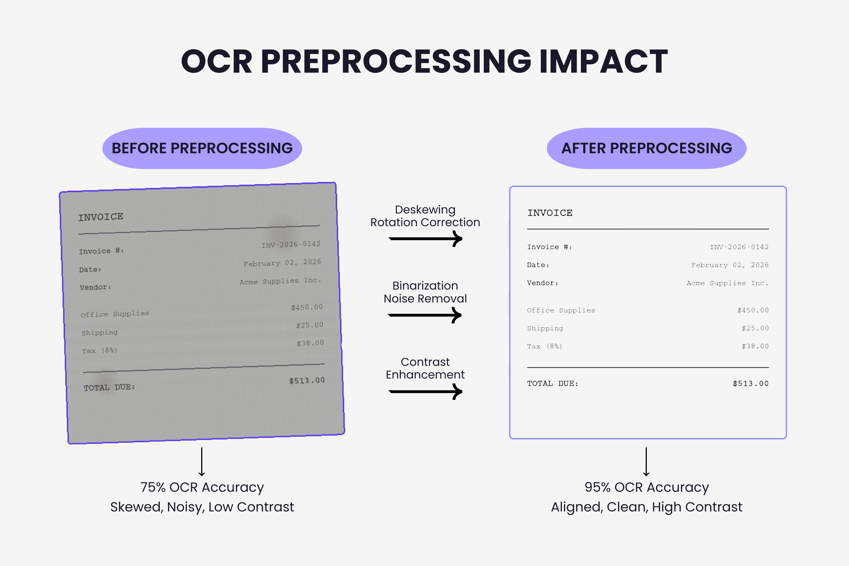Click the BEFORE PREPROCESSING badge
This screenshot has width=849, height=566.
pyautogui.click(x=202, y=148)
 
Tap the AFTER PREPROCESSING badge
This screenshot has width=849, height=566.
pyautogui.click(x=647, y=148)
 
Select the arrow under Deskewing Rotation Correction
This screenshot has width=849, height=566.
pyautogui.click(x=425, y=239)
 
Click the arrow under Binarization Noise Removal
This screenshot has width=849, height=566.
pyautogui.click(x=424, y=315)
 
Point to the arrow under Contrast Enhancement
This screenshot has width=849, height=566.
pyautogui.click(x=425, y=392)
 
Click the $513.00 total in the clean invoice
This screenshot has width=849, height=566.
pyautogui.click(x=751, y=383)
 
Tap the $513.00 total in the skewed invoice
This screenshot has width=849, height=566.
pyautogui.click(x=307, y=380)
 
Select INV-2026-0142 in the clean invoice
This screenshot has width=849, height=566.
pyautogui.click(x=739, y=247)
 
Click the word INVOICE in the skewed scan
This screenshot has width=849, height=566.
pyautogui.click(x=101, y=217)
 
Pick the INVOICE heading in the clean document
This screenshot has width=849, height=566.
pyautogui.click(x=550, y=213)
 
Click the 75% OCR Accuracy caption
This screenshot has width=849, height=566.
pyautogui.click(x=202, y=487)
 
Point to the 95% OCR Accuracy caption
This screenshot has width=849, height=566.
pyautogui.click(x=647, y=487)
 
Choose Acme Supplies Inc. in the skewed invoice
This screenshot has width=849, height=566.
pyautogui.click(x=280, y=281)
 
